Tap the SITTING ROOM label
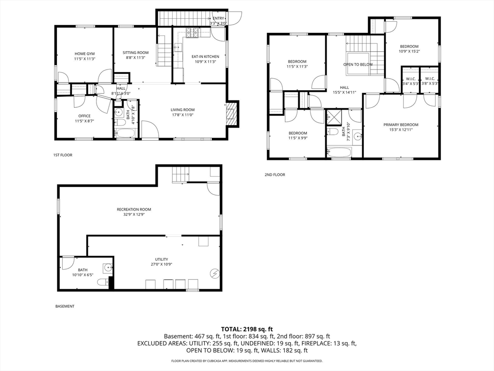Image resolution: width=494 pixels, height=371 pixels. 136,52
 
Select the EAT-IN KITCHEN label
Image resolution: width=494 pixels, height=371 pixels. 206,57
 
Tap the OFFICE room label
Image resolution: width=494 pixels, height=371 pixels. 84,116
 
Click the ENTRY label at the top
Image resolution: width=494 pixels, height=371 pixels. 218,18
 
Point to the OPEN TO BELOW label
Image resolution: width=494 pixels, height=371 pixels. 358,64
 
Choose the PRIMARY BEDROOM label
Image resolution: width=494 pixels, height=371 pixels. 401,125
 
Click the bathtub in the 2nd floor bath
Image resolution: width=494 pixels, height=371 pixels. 339,152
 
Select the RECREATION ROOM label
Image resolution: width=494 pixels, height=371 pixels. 134,209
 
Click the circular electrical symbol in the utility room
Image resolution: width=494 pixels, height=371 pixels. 214,274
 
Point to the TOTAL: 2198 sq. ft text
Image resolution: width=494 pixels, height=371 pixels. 247,328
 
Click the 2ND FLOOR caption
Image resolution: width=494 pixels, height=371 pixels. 274,175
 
